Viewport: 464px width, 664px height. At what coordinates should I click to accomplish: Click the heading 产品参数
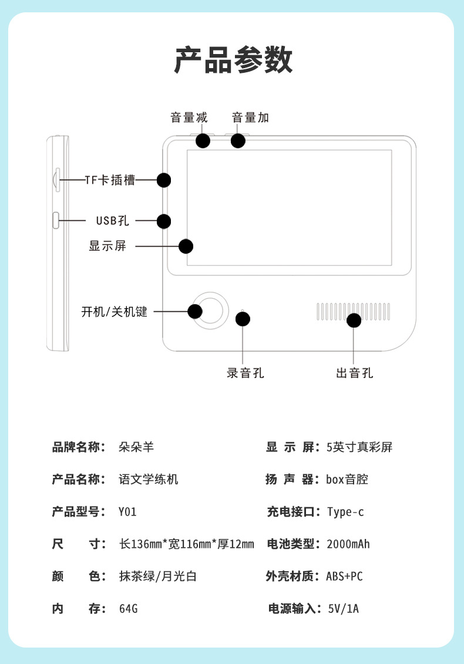tap(233, 60)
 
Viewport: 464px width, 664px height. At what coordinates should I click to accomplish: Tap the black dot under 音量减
tap(203, 141)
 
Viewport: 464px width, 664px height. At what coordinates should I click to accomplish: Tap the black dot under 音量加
tap(238, 141)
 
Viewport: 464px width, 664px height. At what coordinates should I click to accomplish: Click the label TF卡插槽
tap(110, 180)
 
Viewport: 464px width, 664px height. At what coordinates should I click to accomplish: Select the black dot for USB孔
tap(164, 221)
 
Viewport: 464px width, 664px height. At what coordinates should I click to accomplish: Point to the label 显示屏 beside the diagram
tap(107, 246)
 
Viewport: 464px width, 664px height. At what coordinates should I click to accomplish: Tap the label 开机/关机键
tap(114, 312)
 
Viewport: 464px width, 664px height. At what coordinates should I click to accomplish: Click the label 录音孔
tap(246, 373)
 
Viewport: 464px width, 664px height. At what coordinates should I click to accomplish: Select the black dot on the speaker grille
tap(354, 320)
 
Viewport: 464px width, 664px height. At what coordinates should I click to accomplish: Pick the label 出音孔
tap(354, 373)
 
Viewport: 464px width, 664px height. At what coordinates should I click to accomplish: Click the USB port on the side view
tap(56, 220)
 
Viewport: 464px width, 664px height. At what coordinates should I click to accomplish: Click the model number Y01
tap(127, 512)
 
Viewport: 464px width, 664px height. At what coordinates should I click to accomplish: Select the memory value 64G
tap(128, 609)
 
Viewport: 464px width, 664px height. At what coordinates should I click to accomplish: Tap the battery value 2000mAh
tap(348, 544)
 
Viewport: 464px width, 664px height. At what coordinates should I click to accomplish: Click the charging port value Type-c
tap(345, 512)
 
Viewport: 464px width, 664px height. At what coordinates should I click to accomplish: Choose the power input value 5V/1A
tap(343, 609)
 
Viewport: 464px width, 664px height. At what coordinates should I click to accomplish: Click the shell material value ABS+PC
tap(345, 577)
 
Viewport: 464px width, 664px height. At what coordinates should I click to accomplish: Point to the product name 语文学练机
tap(148, 480)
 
